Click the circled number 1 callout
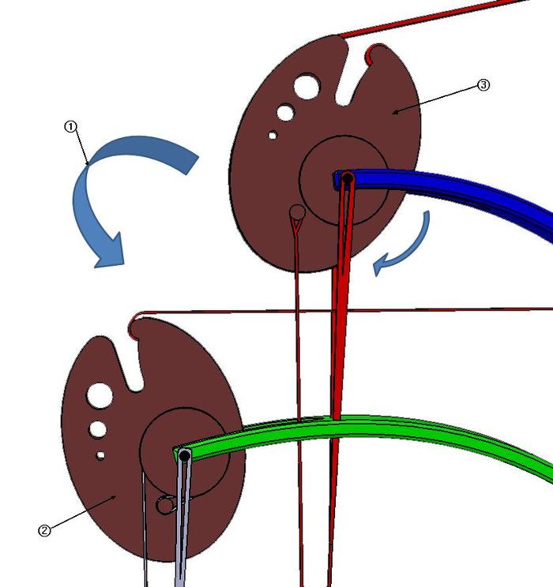click(70, 126)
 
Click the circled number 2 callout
click(44, 530)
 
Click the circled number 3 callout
click(483, 85)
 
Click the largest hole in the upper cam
click(307, 87)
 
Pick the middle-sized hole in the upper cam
click(286, 113)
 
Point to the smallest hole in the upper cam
click(273, 135)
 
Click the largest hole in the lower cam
click(100, 396)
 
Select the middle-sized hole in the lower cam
click(97, 429)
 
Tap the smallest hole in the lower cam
click(100, 455)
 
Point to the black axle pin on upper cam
click(347, 178)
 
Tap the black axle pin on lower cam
click(184, 455)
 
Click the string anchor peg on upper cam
click(297, 212)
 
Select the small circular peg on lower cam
click(164, 506)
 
